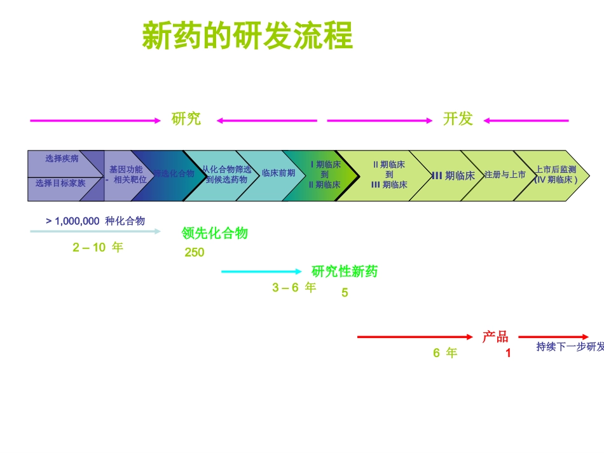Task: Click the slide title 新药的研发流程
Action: [247, 36]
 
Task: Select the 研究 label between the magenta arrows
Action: [186, 119]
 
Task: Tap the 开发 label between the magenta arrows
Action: [458, 119]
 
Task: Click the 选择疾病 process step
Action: [62, 159]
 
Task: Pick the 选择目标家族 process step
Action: [60, 184]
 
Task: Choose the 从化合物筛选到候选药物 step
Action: [227, 175]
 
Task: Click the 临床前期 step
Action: [278, 173]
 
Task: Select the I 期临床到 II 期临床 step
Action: [324, 175]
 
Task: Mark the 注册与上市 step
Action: [505, 175]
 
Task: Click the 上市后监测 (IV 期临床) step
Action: [556, 175]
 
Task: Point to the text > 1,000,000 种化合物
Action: [95, 221]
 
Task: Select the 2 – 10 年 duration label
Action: [98, 248]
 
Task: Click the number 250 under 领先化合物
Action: [195, 253]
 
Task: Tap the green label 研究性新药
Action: [345, 272]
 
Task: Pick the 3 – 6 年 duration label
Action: [294, 288]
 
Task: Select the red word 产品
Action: [495, 337]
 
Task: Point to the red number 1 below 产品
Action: [508, 353]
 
